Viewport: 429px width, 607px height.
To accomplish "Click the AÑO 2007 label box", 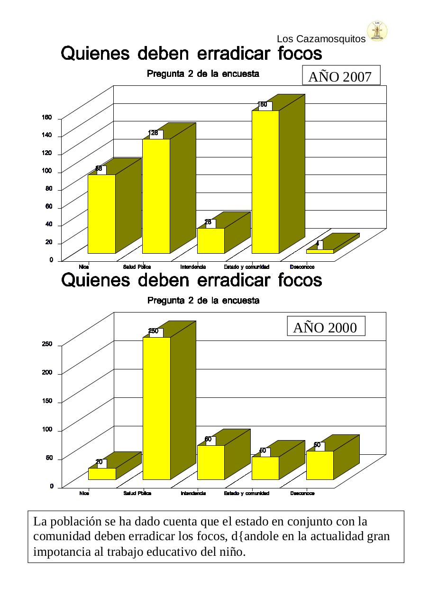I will point(341,76).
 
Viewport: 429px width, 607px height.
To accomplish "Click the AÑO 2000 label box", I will point(326,327).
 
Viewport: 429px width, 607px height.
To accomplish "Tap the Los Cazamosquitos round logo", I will point(377,31).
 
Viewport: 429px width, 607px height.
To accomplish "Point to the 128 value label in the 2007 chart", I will point(154,133).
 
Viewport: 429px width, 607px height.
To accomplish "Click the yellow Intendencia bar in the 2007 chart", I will point(210,240).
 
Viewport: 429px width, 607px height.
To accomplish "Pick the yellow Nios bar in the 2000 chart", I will point(102,474).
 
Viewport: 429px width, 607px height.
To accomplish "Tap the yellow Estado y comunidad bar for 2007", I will point(265,183).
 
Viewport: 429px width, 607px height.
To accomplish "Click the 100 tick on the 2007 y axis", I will point(48,172).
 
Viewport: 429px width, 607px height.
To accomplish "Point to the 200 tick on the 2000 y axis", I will point(47,373).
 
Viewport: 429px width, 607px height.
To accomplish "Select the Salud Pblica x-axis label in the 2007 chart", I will point(137,267).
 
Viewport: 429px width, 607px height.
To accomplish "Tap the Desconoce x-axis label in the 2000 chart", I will point(302,493).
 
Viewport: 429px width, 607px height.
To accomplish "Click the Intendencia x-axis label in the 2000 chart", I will point(193,493).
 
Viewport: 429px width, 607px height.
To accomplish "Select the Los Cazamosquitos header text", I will point(321,39).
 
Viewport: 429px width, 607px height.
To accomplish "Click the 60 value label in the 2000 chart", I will point(208,439).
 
